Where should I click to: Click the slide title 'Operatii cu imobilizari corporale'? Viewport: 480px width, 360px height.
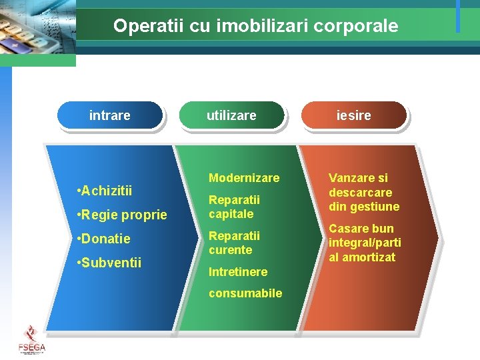click(255, 26)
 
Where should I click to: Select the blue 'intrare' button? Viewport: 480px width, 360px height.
click(110, 115)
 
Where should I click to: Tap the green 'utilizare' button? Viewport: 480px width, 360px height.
click(231, 115)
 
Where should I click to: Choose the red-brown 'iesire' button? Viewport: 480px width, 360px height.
click(353, 115)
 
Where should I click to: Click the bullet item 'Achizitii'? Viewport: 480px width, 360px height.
click(105, 191)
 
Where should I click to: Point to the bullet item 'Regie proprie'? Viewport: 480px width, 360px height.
click(122, 215)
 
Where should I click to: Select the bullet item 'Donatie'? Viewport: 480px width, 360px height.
click(104, 239)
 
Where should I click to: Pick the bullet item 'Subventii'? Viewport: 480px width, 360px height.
click(109, 263)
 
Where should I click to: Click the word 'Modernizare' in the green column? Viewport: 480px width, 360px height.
click(244, 178)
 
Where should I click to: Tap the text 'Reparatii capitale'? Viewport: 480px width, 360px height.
click(234, 207)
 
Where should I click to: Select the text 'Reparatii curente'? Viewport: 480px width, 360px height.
click(234, 243)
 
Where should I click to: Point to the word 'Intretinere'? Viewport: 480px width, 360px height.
click(238, 272)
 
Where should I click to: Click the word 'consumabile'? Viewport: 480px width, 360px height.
click(245, 293)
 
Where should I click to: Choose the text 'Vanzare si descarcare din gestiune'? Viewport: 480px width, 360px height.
click(363, 192)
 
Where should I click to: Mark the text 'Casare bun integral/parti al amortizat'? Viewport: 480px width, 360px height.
click(364, 243)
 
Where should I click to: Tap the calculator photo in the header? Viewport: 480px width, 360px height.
click(37, 30)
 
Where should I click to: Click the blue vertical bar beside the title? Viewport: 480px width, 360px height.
click(458, 16)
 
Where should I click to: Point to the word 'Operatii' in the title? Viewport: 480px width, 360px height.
click(140, 26)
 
